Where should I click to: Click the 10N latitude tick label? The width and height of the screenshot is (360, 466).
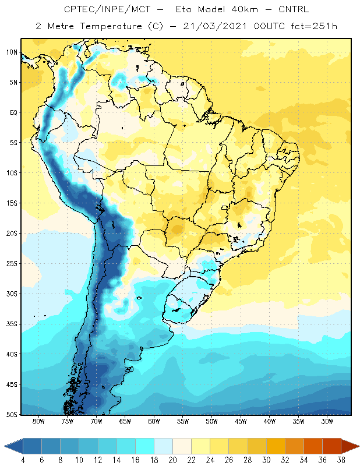pyautogui.click(x=12, y=52)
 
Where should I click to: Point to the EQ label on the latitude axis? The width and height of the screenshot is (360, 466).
pyautogui.click(x=13, y=112)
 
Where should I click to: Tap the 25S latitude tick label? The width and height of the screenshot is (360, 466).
pyautogui.click(x=12, y=264)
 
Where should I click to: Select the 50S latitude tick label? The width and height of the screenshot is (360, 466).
pyautogui.click(x=12, y=415)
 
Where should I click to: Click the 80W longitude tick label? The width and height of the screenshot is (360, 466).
pyautogui.click(x=38, y=421)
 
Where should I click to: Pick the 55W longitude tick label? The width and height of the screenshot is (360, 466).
pyautogui.click(x=183, y=421)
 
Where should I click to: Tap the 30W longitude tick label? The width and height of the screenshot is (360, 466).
pyautogui.click(x=327, y=421)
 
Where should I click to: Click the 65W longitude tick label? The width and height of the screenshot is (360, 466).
pyautogui.click(x=125, y=421)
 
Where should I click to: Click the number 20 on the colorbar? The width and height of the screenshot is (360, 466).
pyautogui.click(x=172, y=460)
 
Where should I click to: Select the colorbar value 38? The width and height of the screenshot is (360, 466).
pyautogui.click(x=341, y=460)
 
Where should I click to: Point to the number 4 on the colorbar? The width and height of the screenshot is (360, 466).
pyautogui.click(x=23, y=460)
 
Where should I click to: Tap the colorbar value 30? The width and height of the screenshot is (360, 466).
pyautogui.click(x=266, y=460)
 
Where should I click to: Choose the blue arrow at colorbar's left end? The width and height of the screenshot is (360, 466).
pyautogui.click(x=14, y=446)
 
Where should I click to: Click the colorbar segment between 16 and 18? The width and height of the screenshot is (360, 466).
pyautogui.click(x=144, y=446)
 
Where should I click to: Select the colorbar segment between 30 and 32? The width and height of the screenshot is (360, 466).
pyautogui.click(x=276, y=446)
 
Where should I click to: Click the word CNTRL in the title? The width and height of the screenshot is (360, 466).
pyautogui.click(x=294, y=9)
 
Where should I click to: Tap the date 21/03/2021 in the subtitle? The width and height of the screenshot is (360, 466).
pyautogui.click(x=214, y=26)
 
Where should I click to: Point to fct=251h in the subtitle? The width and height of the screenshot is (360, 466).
pyautogui.click(x=314, y=26)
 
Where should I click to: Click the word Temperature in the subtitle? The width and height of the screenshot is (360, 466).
pyautogui.click(x=111, y=27)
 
